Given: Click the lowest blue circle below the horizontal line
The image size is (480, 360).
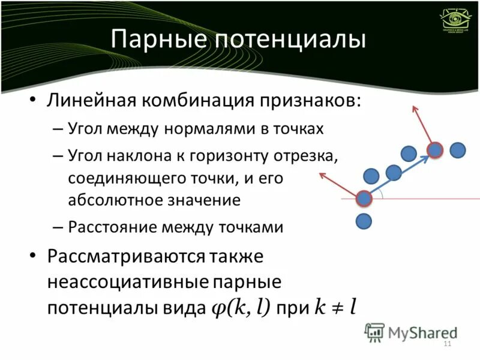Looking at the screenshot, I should pyautogui.click(x=364, y=221).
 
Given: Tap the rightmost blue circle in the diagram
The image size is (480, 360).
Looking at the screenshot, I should pyautogui.click(x=458, y=150).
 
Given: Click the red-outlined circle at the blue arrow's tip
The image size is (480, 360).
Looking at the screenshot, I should pyautogui.click(x=435, y=150).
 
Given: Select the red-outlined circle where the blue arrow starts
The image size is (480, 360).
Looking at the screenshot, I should pyautogui.click(x=364, y=198).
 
